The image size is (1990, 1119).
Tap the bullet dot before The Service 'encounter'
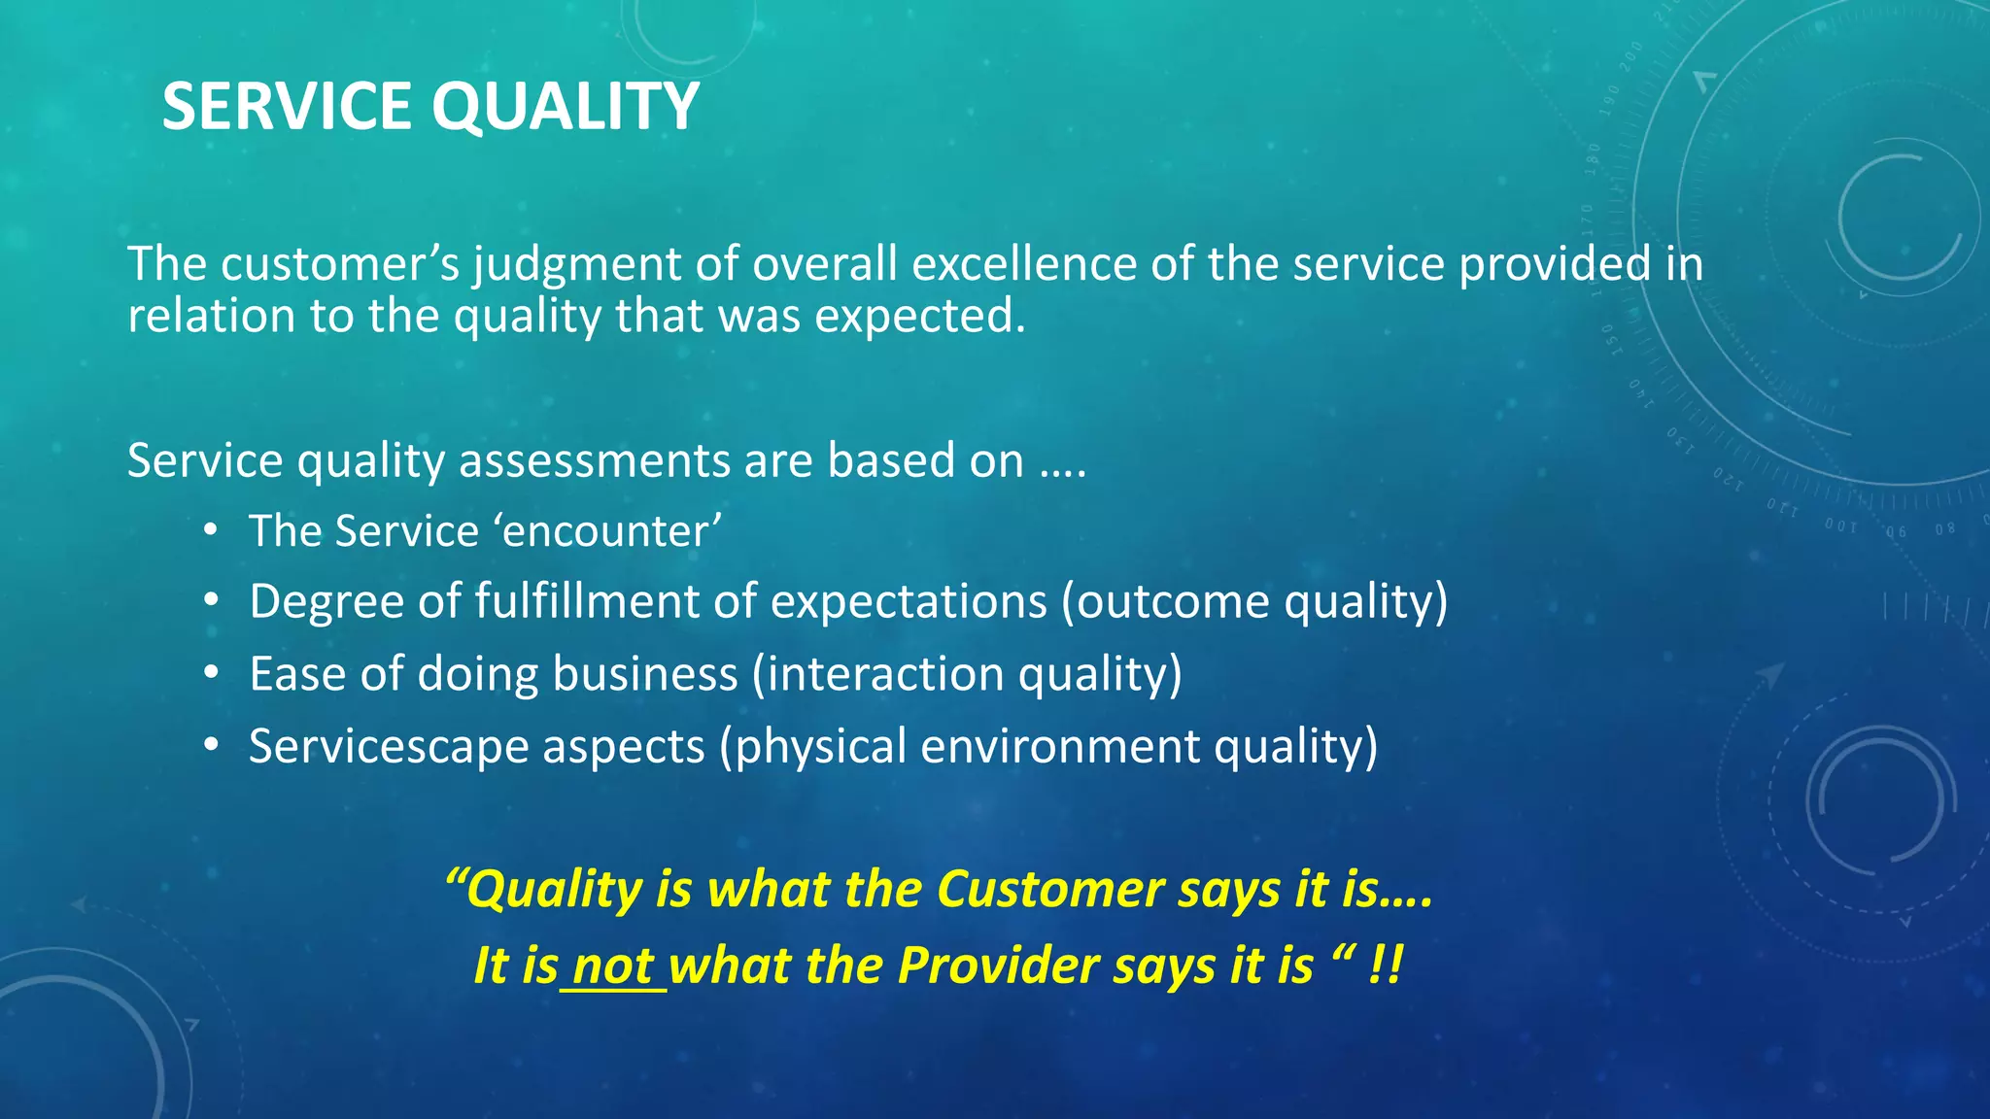click(x=211, y=531)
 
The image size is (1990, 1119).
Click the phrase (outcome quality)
click(x=1253, y=602)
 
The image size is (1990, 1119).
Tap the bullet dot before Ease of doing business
click(x=211, y=673)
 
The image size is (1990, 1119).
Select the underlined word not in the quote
click(x=613, y=966)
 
